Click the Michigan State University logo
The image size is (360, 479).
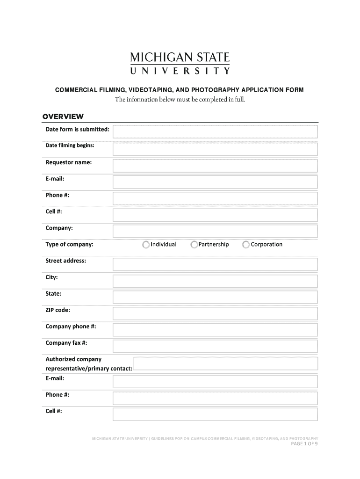coord(180,64)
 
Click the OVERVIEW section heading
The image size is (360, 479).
coord(63,116)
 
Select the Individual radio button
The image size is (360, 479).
coord(146,245)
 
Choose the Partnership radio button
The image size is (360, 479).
coord(194,245)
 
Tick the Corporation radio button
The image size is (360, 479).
coord(246,245)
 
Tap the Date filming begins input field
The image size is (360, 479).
coord(215,149)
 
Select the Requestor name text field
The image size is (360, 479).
coord(215,166)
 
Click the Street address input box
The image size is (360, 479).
coord(215,265)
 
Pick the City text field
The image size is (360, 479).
coord(215,281)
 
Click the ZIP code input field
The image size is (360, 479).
coord(215,314)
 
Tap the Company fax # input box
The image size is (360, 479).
coord(215,347)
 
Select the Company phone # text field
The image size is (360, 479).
coord(215,330)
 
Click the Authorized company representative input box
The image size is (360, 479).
coord(225,363)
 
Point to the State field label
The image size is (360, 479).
coord(53,294)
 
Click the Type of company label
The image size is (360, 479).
coord(69,244)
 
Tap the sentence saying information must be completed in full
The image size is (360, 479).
coord(180,100)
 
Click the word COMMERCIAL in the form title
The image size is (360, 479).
coord(75,89)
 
